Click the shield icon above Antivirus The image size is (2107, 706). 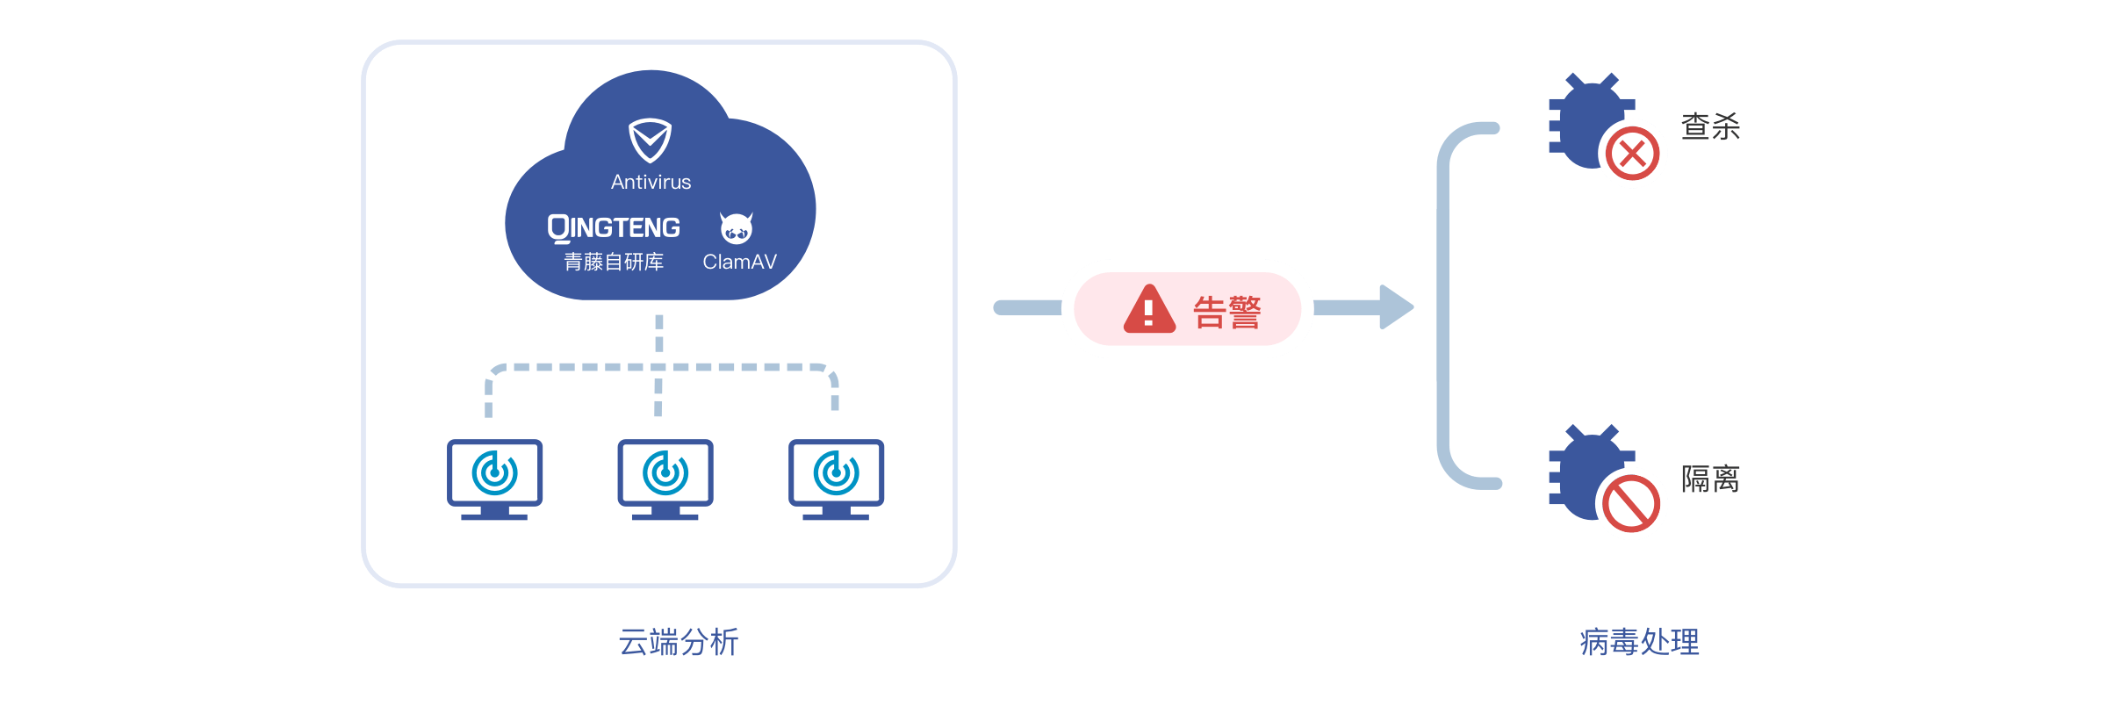(x=650, y=140)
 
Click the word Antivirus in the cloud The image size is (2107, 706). (x=651, y=182)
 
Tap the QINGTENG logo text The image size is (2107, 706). (x=614, y=228)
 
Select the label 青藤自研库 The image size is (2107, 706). (x=614, y=262)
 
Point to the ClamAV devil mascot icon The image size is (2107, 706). (x=737, y=228)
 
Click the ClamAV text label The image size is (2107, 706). (x=739, y=262)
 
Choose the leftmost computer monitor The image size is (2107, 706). (x=494, y=479)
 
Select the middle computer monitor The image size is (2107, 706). (x=665, y=479)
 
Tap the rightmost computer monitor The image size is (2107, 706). (x=836, y=479)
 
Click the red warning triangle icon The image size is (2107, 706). (x=1149, y=310)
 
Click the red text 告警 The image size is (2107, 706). (x=1226, y=312)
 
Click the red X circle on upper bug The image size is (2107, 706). (x=1632, y=155)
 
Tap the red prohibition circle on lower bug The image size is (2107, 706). (x=1631, y=504)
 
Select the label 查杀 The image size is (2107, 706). (x=1709, y=126)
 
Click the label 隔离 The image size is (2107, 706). (x=1709, y=479)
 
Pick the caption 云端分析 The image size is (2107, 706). (x=679, y=642)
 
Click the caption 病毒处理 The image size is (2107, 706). (x=1639, y=642)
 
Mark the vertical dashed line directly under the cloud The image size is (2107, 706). (x=659, y=334)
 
